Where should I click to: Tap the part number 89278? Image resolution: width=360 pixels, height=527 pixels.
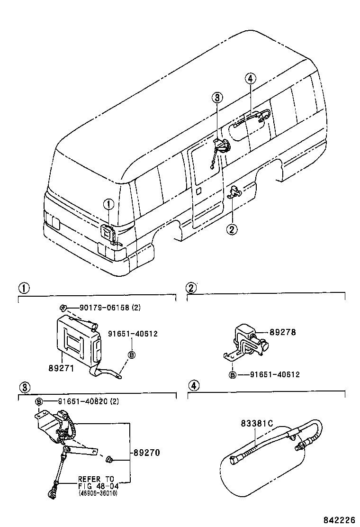282,333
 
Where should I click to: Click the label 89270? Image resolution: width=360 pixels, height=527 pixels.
146,453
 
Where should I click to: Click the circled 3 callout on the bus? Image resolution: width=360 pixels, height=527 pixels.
216,98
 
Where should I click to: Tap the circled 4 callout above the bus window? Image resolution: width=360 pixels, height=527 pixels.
252,79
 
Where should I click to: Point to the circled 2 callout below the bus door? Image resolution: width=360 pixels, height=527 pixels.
232,229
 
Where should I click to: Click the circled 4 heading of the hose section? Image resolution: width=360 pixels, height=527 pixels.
192,385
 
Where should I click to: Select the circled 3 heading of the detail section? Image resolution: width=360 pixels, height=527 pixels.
23,385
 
